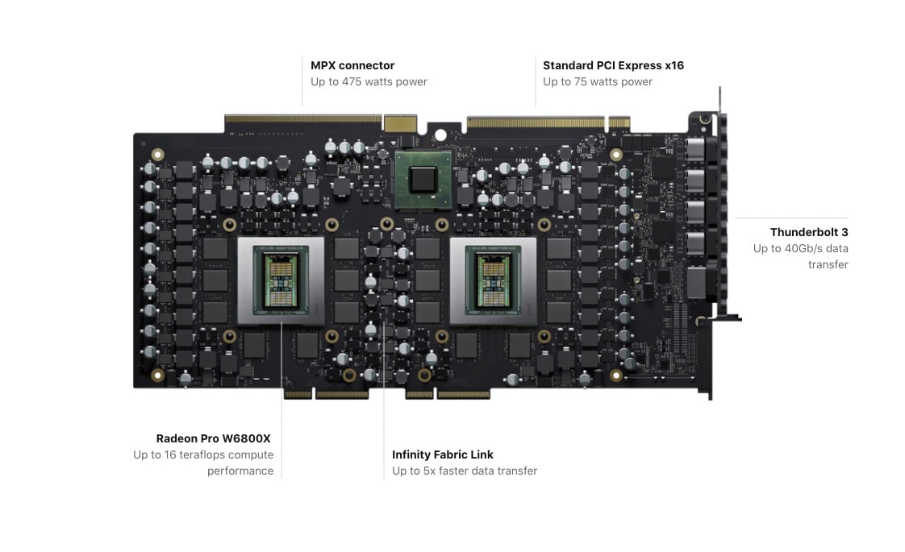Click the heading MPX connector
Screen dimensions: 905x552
[352, 65]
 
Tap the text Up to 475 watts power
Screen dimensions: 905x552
[369, 82]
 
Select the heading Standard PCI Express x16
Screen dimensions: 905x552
[613, 65]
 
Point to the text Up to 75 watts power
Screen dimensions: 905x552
[598, 82]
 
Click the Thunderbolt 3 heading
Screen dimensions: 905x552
[809, 232]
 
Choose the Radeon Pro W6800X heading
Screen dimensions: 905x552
[213, 438]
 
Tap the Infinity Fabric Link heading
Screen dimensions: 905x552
[443, 454]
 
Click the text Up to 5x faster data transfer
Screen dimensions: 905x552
[465, 471]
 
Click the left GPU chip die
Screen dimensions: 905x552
[281, 281]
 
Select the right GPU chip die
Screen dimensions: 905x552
[493, 281]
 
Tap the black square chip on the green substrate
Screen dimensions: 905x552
[423, 180]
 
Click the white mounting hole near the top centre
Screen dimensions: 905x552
[440, 135]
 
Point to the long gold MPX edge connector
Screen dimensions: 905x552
[303, 119]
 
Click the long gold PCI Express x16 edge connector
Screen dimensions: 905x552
[536, 122]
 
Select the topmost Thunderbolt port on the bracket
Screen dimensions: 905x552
[696, 149]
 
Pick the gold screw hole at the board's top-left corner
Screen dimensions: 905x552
[157, 155]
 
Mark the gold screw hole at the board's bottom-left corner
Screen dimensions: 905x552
[157, 376]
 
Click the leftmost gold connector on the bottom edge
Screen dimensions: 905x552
[298, 395]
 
